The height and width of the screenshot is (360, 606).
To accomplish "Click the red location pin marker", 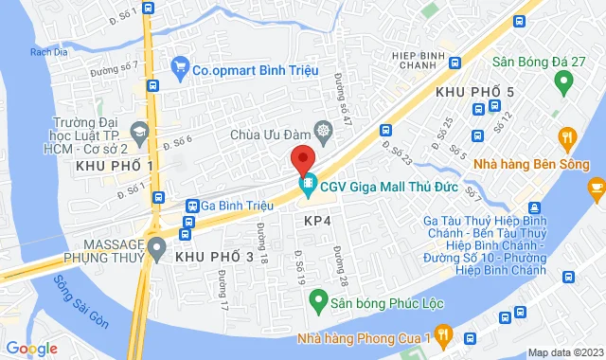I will tap(301, 158).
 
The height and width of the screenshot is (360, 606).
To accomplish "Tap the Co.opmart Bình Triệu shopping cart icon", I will tap(179, 66).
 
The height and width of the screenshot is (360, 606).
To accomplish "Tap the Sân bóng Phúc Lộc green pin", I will tap(318, 305).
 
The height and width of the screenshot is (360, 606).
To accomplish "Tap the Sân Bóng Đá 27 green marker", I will tap(564, 83).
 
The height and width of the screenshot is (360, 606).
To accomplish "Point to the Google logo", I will tap(32, 348).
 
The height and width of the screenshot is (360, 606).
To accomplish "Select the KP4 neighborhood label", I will tap(317, 220).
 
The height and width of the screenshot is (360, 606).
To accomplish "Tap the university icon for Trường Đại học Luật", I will tap(141, 131).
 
